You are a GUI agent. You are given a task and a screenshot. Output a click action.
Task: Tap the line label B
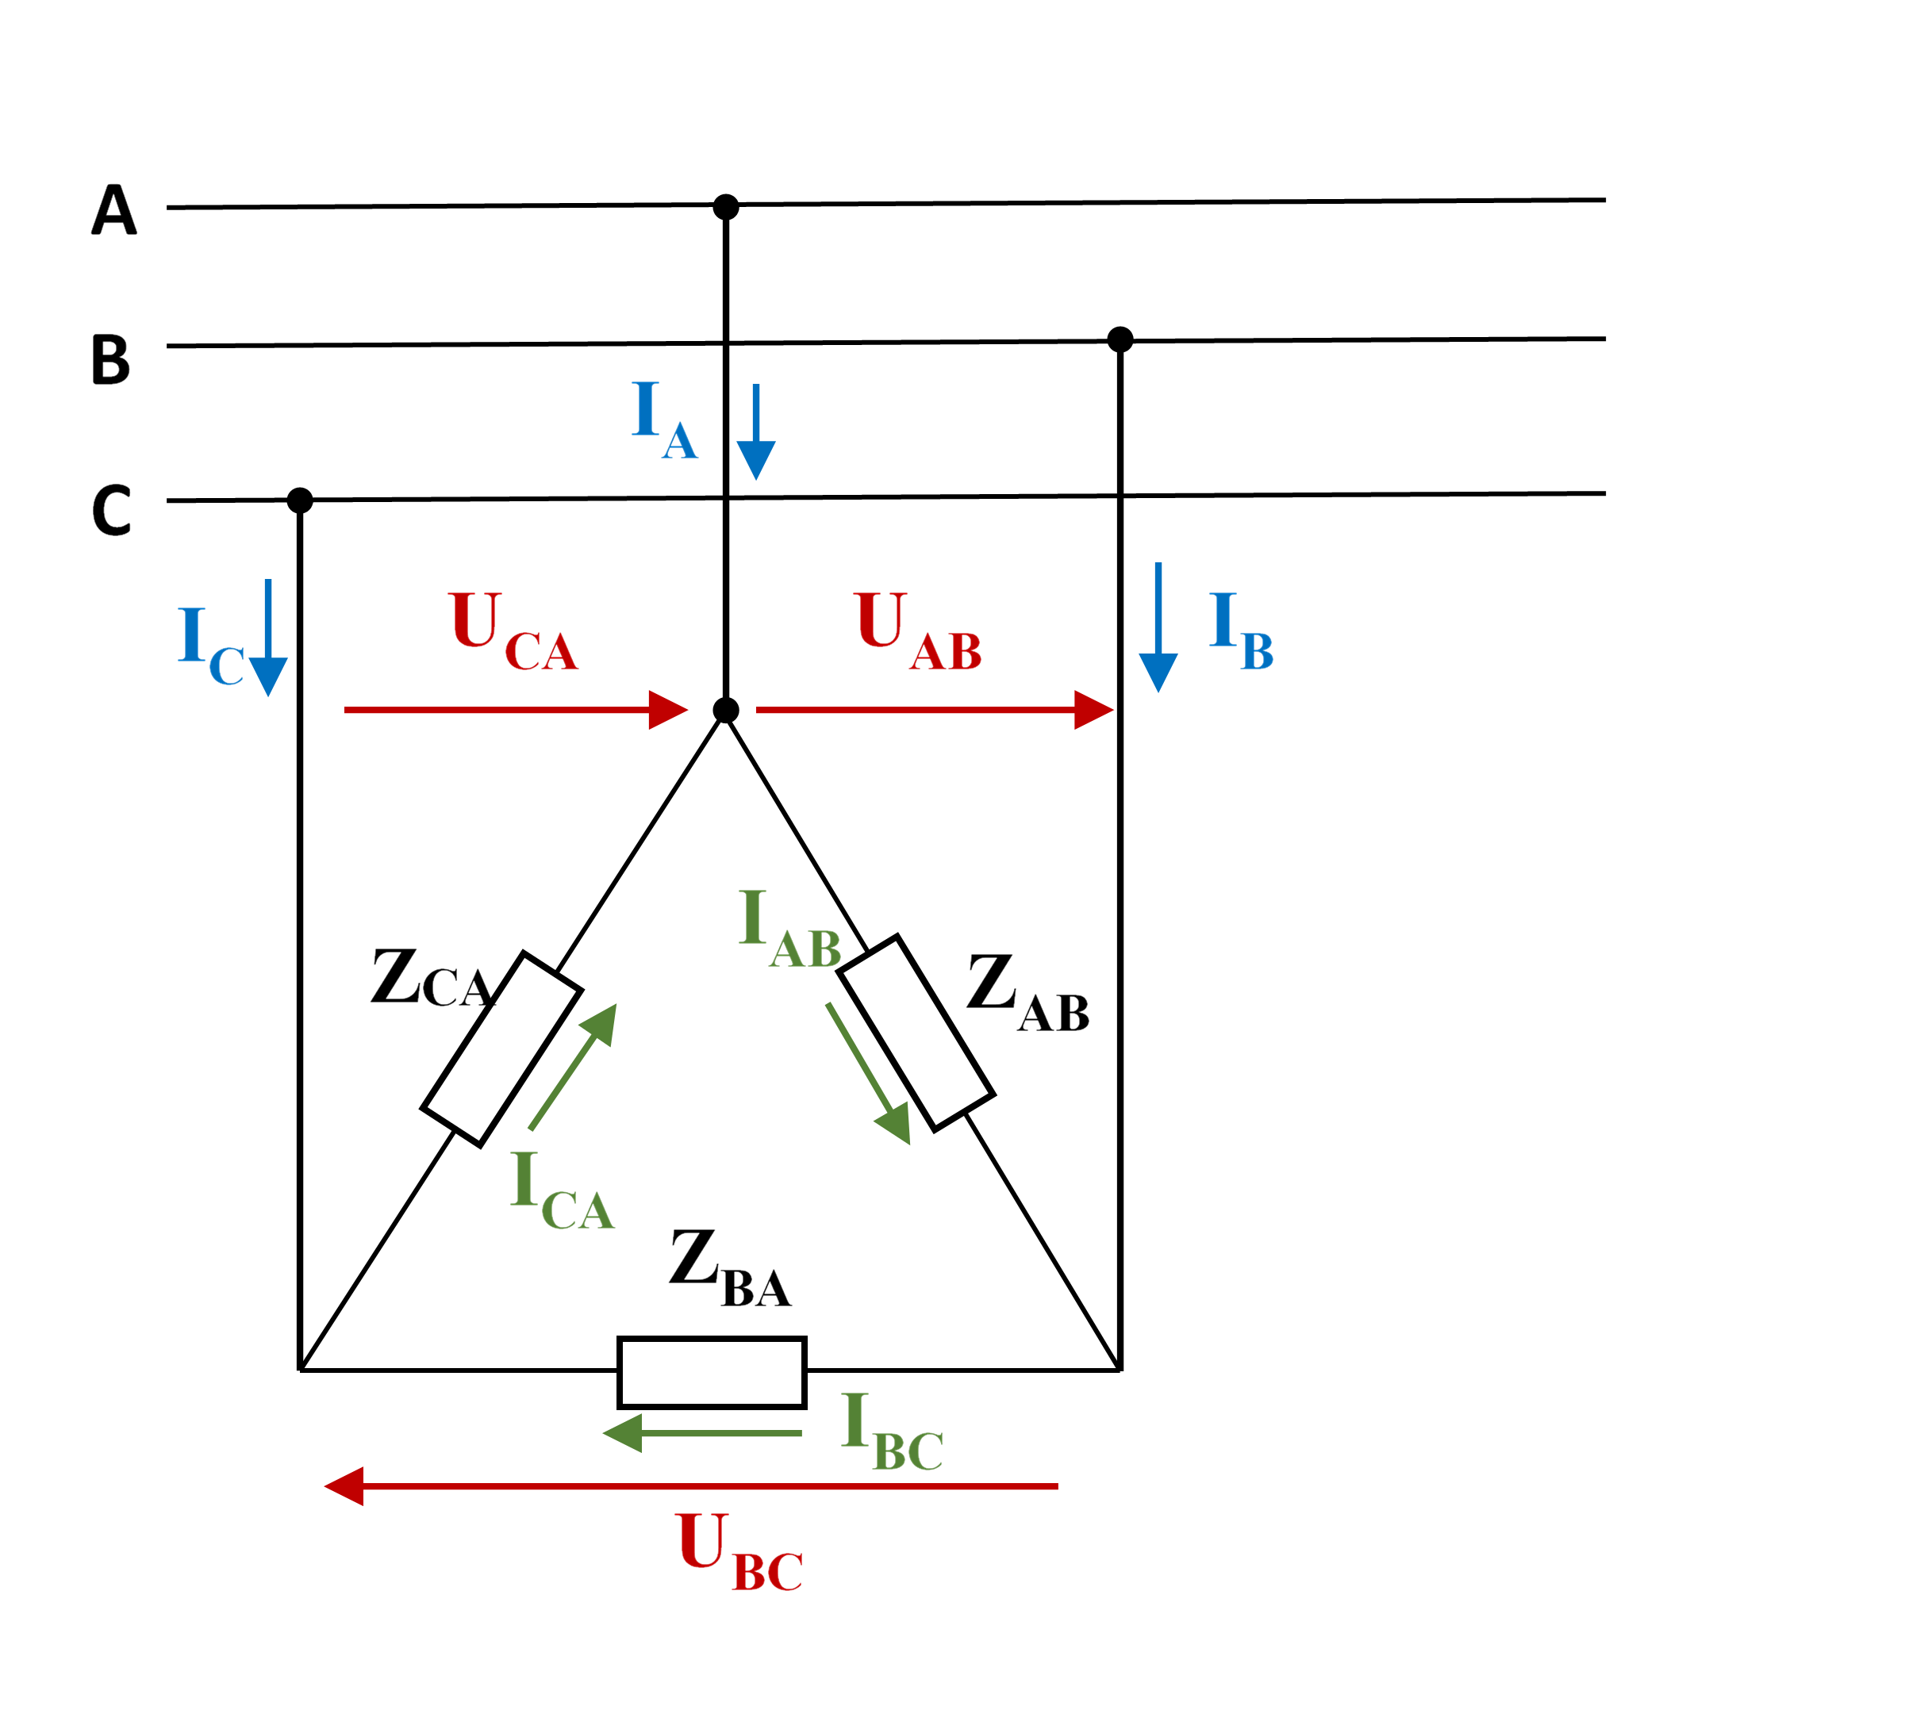tap(110, 360)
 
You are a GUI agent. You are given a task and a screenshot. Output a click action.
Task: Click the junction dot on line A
tap(726, 207)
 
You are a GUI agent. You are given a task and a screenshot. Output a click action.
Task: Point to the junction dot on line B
tap(1120, 339)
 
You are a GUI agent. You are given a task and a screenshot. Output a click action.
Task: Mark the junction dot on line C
tap(300, 500)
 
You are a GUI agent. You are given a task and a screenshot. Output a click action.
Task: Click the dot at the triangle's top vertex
tap(726, 711)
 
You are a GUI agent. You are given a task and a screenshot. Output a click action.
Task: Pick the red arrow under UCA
tap(515, 710)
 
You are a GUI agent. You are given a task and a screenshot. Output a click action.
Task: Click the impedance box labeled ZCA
tap(501, 1048)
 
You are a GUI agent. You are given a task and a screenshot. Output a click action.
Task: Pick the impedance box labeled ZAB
tap(916, 1033)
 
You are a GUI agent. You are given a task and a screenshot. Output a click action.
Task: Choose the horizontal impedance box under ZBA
tap(712, 1372)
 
